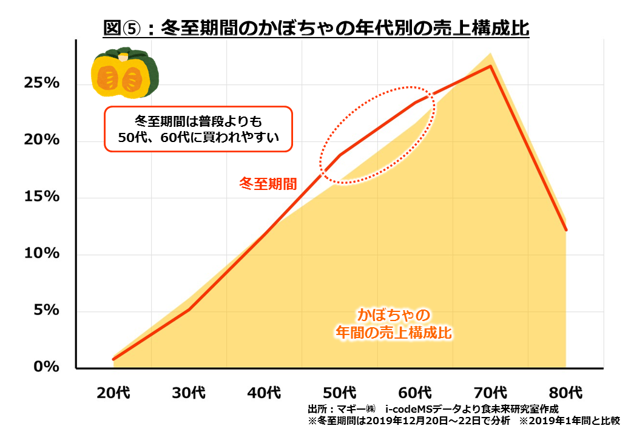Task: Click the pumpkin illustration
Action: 125,75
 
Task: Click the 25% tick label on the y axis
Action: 41,83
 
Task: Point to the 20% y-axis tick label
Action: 41,140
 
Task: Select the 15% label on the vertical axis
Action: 41,197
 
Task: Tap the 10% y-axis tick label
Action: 41,254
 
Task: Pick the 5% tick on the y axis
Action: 46,311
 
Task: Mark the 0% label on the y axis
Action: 46,367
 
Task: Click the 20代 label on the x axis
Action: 113,392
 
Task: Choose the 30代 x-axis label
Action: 189,392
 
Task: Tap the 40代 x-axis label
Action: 265,392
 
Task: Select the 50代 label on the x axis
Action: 340,392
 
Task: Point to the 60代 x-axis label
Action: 415,392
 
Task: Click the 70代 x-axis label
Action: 491,392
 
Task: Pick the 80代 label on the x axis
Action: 566,392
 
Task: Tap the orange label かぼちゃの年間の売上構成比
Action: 394,324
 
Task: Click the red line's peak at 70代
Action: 490,66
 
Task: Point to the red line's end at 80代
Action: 565,230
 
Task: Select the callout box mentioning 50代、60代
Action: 198,128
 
